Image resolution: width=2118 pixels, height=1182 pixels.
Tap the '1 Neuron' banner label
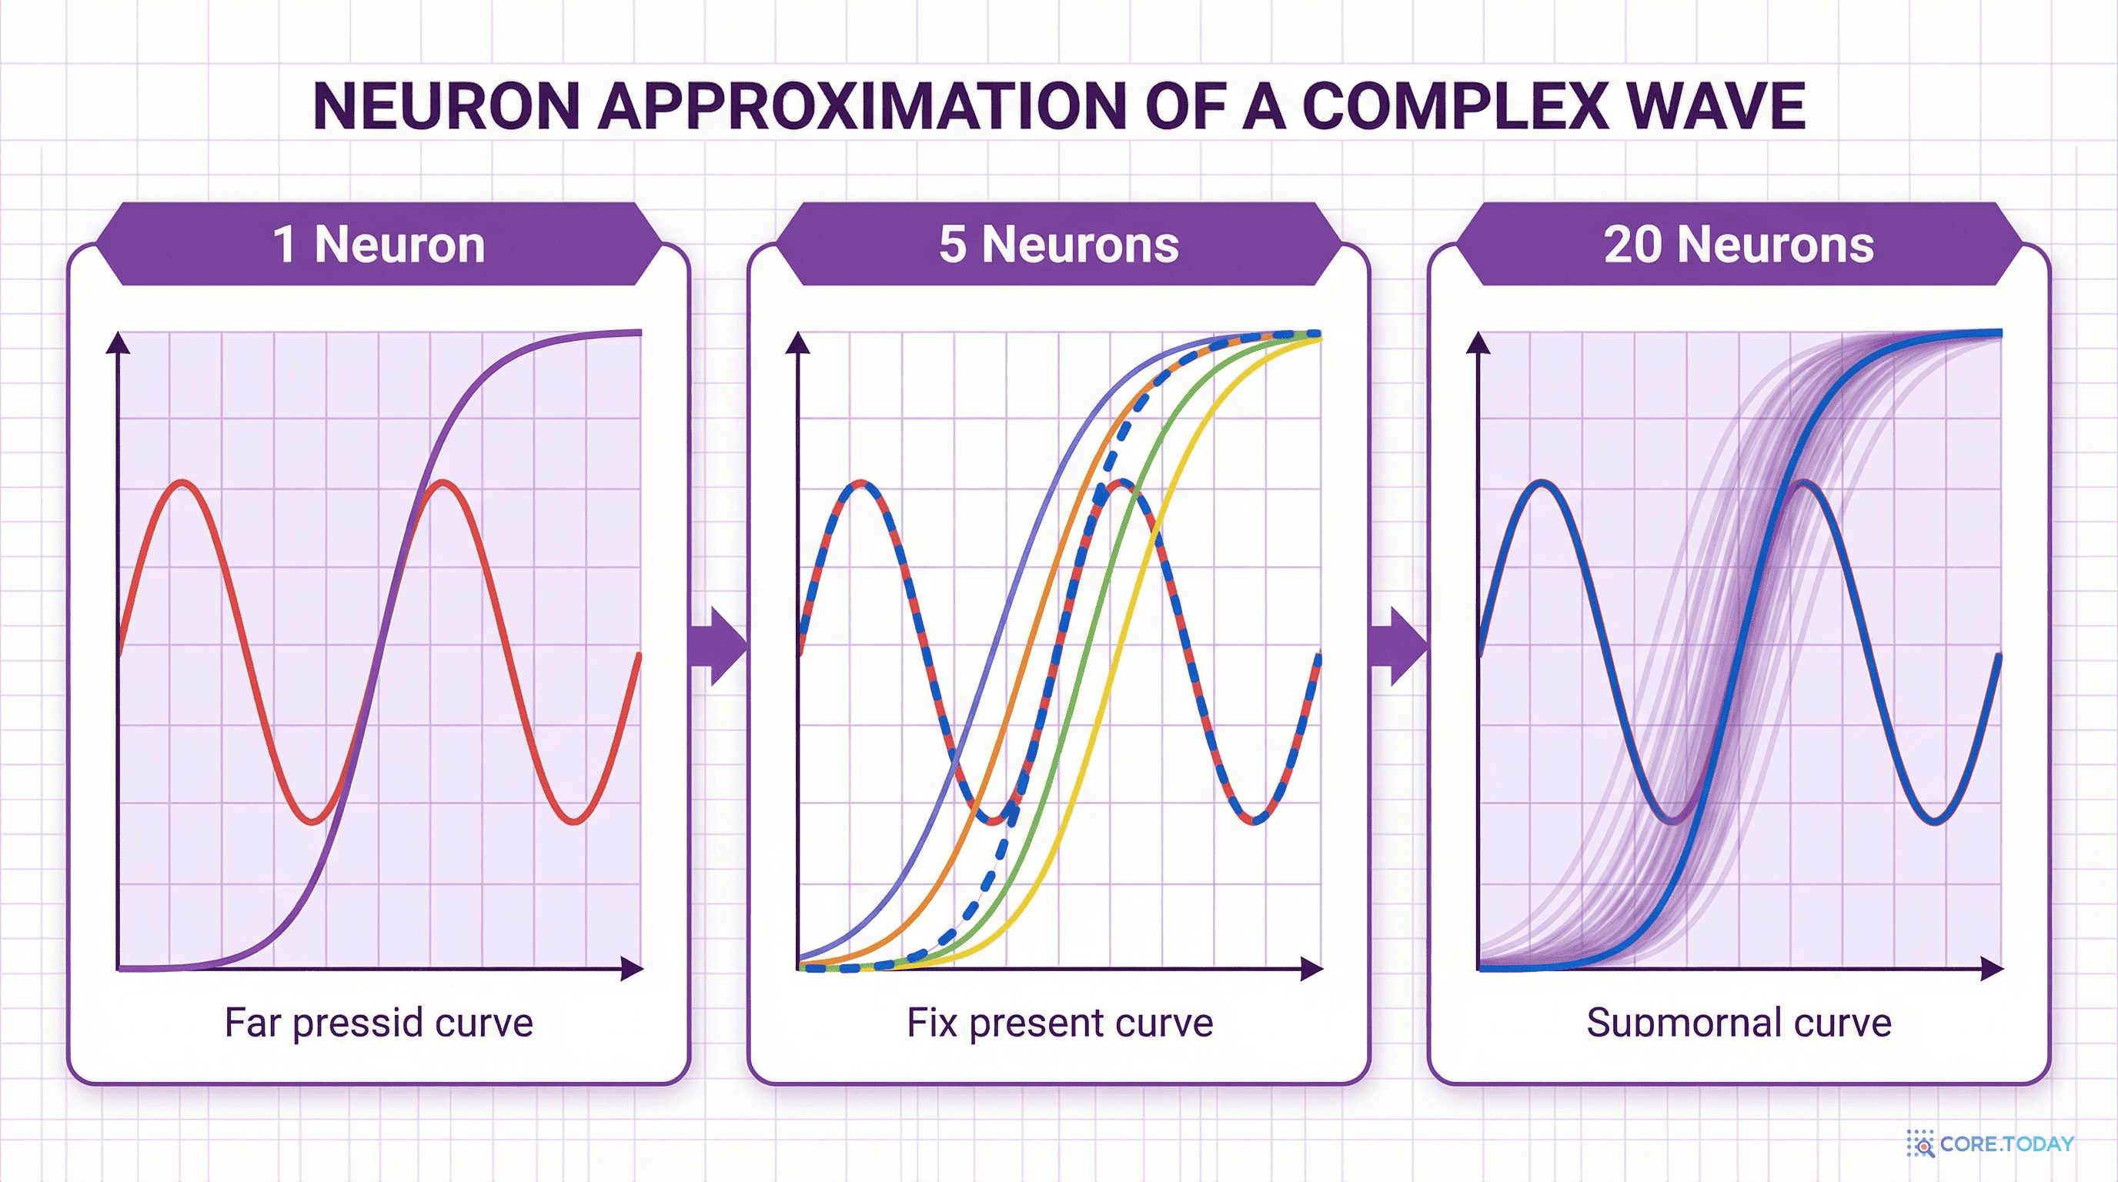pyautogui.click(x=379, y=244)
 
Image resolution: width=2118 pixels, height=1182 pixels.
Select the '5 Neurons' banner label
pyautogui.click(x=1059, y=244)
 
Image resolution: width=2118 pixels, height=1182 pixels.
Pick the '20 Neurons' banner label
pyautogui.click(x=1739, y=244)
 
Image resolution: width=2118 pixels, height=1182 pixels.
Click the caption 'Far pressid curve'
pyautogui.click(x=379, y=1023)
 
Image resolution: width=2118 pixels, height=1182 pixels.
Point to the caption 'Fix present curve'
pyautogui.click(x=1060, y=1023)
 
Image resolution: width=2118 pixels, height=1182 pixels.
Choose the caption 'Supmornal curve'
pyautogui.click(x=1739, y=1023)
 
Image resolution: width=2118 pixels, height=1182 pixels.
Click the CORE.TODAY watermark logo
pyautogui.click(x=1990, y=1144)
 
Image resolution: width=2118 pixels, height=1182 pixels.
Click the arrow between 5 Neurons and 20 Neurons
pyautogui.click(x=1398, y=646)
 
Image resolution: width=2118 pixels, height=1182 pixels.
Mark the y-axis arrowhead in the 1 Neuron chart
pyautogui.click(x=119, y=342)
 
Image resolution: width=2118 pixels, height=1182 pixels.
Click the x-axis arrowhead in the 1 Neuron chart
pyautogui.click(x=631, y=969)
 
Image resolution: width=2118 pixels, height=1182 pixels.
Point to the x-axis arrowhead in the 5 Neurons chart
pyautogui.click(x=1312, y=969)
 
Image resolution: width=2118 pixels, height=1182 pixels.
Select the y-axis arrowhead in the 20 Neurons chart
pyautogui.click(x=1479, y=342)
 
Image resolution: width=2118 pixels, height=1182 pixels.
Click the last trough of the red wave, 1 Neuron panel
pyautogui.click(x=573, y=820)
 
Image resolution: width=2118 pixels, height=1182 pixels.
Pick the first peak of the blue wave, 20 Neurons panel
pyautogui.click(x=1542, y=483)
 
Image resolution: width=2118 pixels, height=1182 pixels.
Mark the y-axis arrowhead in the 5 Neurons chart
pyautogui.click(x=798, y=342)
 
